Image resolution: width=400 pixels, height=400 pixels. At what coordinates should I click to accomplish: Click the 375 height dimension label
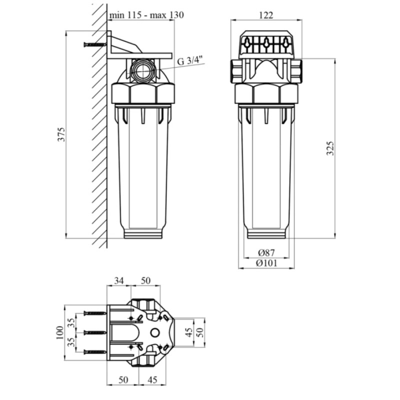point(61,134)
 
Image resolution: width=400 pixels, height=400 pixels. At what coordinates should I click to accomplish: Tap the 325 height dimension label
point(330,148)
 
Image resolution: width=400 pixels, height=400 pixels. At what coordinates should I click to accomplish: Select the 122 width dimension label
point(266,15)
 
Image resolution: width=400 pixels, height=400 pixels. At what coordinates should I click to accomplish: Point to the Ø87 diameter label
point(266,253)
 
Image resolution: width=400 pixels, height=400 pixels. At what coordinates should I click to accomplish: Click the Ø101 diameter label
point(266,263)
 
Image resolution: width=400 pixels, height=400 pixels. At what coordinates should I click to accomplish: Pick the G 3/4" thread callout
point(190,61)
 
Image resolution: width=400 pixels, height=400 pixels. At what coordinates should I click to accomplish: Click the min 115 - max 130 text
point(146,15)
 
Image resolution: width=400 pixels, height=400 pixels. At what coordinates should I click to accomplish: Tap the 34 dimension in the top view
point(119,281)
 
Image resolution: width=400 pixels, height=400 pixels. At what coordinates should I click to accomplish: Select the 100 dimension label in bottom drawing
point(59,332)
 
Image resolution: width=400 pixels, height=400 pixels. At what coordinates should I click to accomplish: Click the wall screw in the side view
point(95,44)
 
